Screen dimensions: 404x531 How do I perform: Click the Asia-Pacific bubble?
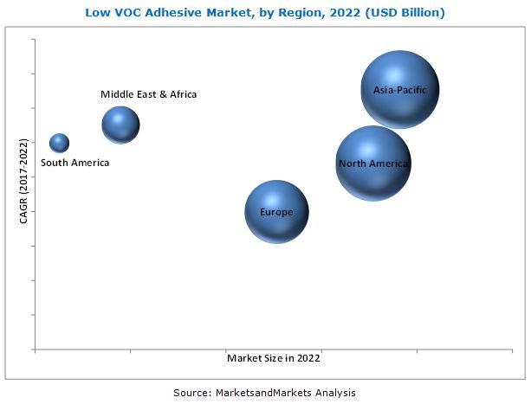399,89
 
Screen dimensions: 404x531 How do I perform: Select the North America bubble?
373,164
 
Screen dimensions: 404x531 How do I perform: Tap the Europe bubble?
276,212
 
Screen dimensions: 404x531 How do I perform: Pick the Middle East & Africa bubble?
120,125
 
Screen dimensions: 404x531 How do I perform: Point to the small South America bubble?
59,143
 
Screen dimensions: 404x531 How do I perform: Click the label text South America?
75,163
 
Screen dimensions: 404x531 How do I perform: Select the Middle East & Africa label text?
148,94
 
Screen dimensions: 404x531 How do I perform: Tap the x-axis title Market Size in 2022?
274,357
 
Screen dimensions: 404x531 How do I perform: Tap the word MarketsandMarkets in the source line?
263,392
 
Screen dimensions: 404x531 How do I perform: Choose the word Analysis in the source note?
333,392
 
